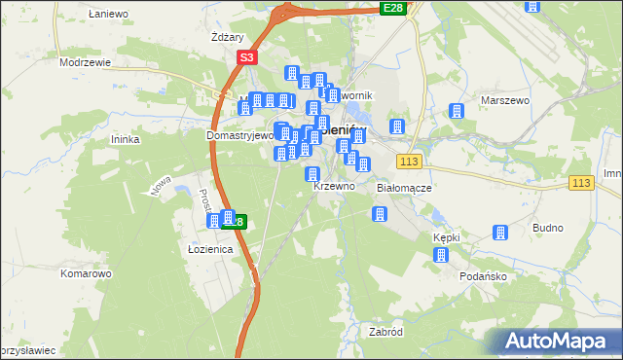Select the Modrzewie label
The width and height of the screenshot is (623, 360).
coord(85,61)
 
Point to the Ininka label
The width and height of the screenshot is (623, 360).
coord(127,139)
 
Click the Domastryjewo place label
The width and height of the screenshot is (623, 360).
coord(239,136)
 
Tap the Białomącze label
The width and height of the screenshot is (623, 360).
coord(403,187)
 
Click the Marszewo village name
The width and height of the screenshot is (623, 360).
coord(504,100)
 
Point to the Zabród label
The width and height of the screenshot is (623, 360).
coord(385,332)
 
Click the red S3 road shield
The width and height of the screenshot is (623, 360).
coord(246,58)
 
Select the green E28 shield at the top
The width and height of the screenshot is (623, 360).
coord(392,8)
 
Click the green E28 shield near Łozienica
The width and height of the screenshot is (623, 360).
coord(237,222)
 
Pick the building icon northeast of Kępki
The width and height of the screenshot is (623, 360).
coord(499,234)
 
